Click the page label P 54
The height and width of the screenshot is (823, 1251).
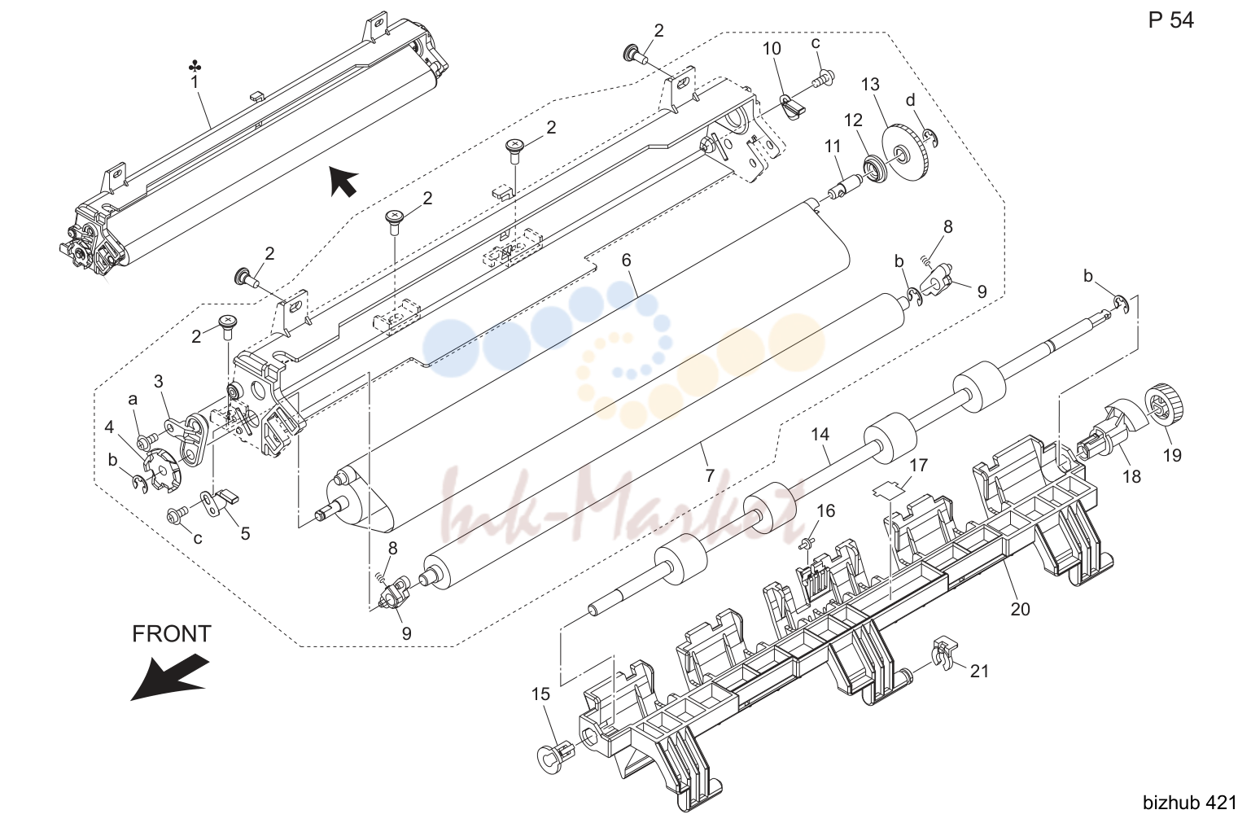[1171, 20]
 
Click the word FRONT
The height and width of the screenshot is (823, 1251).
[172, 633]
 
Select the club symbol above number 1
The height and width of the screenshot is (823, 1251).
[195, 68]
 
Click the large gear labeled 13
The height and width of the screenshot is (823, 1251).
[908, 152]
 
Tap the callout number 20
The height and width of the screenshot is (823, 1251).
[1020, 609]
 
